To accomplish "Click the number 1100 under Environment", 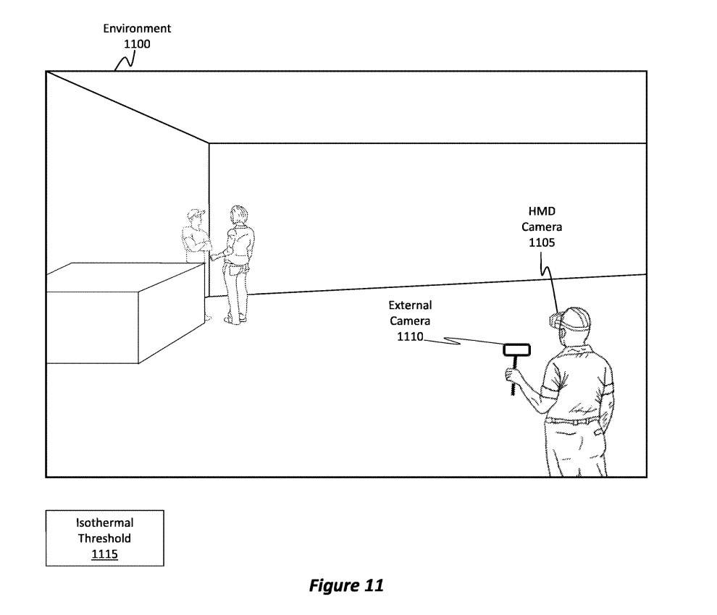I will [x=137, y=43].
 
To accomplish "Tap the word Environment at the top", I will [x=137, y=29].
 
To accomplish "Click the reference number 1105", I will [x=542, y=242].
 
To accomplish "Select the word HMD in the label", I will [x=542, y=211].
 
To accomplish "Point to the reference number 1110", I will [x=410, y=336].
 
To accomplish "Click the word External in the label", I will [x=410, y=305].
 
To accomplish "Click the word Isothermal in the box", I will [x=104, y=522].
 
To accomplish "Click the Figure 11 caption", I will [x=345, y=585].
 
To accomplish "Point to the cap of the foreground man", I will [x=576, y=315].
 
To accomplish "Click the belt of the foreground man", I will [x=572, y=419].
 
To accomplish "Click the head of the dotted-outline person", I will [x=193, y=216].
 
